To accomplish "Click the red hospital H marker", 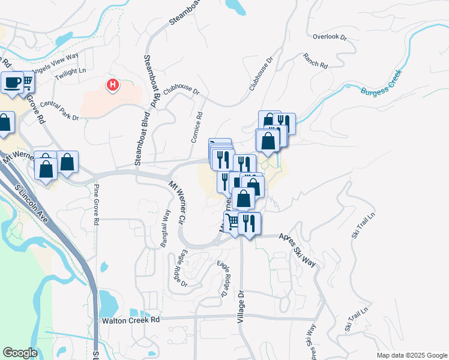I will (x=112, y=85).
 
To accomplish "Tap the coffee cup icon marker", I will (x=12, y=83).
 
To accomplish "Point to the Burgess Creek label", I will (x=381, y=85).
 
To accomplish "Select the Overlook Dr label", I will (x=330, y=37).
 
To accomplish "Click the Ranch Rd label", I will (x=315, y=61).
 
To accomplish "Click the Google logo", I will (x=20, y=353).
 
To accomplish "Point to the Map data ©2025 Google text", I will (x=412, y=355).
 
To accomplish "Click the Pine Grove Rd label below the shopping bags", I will (x=97, y=205).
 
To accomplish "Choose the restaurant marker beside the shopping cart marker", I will (x=249, y=223).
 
